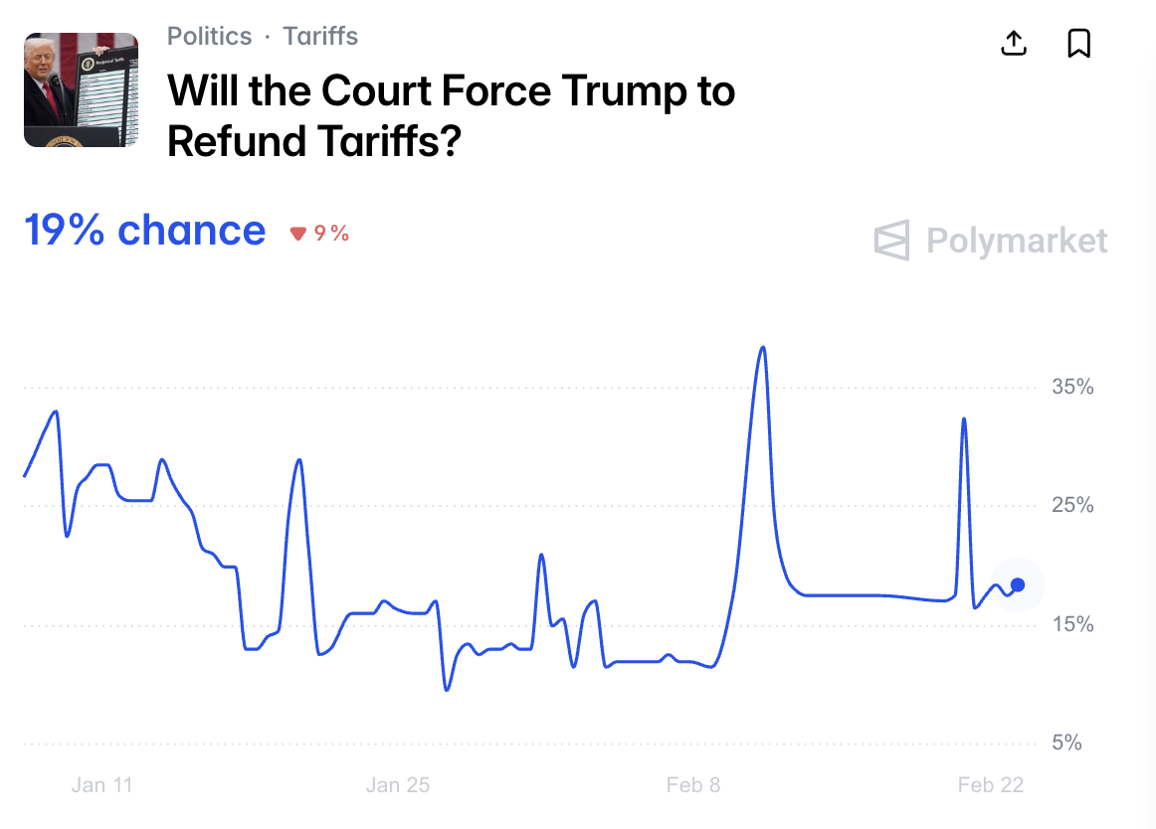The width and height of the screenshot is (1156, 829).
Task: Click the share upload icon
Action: click(x=1013, y=44)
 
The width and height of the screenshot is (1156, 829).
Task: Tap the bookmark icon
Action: click(x=1078, y=44)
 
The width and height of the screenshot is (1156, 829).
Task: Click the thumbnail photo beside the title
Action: click(x=81, y=89)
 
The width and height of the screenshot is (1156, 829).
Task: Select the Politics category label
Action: click(x=209, y=37)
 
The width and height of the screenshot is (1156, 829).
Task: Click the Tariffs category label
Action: click(x=320, y=37)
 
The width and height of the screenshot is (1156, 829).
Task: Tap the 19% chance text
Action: click(x=145, y=231)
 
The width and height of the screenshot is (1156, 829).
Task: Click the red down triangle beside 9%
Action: click(x=297, y=234)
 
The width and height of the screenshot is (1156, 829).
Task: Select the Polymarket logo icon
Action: click(x=891, y=241)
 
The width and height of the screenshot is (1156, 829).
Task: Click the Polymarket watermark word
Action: click(x=1016, y=241)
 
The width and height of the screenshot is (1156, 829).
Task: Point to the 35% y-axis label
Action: click(x=1072, y=388)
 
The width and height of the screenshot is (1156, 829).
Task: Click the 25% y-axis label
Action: click(x=1072, y=506)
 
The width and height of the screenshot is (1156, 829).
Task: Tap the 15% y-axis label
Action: click(x=1072, y=624)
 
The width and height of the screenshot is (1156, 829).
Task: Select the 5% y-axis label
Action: click(x=1066, y=743)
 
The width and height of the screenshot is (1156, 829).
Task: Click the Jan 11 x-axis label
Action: click(x=101, y=785)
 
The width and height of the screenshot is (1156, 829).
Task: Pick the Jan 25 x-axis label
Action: click(x=398, y=785)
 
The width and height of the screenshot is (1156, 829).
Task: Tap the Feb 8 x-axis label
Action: click(x=693, y=785)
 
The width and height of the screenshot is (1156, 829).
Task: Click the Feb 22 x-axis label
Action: click(x=990, y=785)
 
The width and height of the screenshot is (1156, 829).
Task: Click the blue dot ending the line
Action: click(x=1018, y=584)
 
